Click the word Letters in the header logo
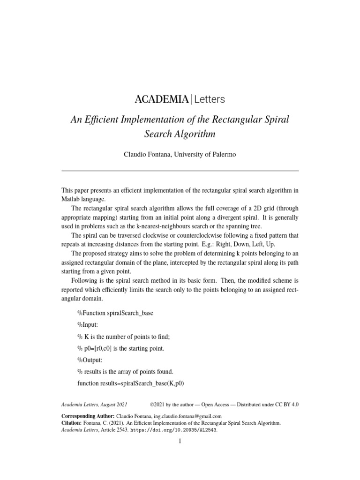click(x=209, y=99)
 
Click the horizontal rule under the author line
click(x=180, y=171)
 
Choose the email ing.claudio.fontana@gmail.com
click(x=178, y=416)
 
